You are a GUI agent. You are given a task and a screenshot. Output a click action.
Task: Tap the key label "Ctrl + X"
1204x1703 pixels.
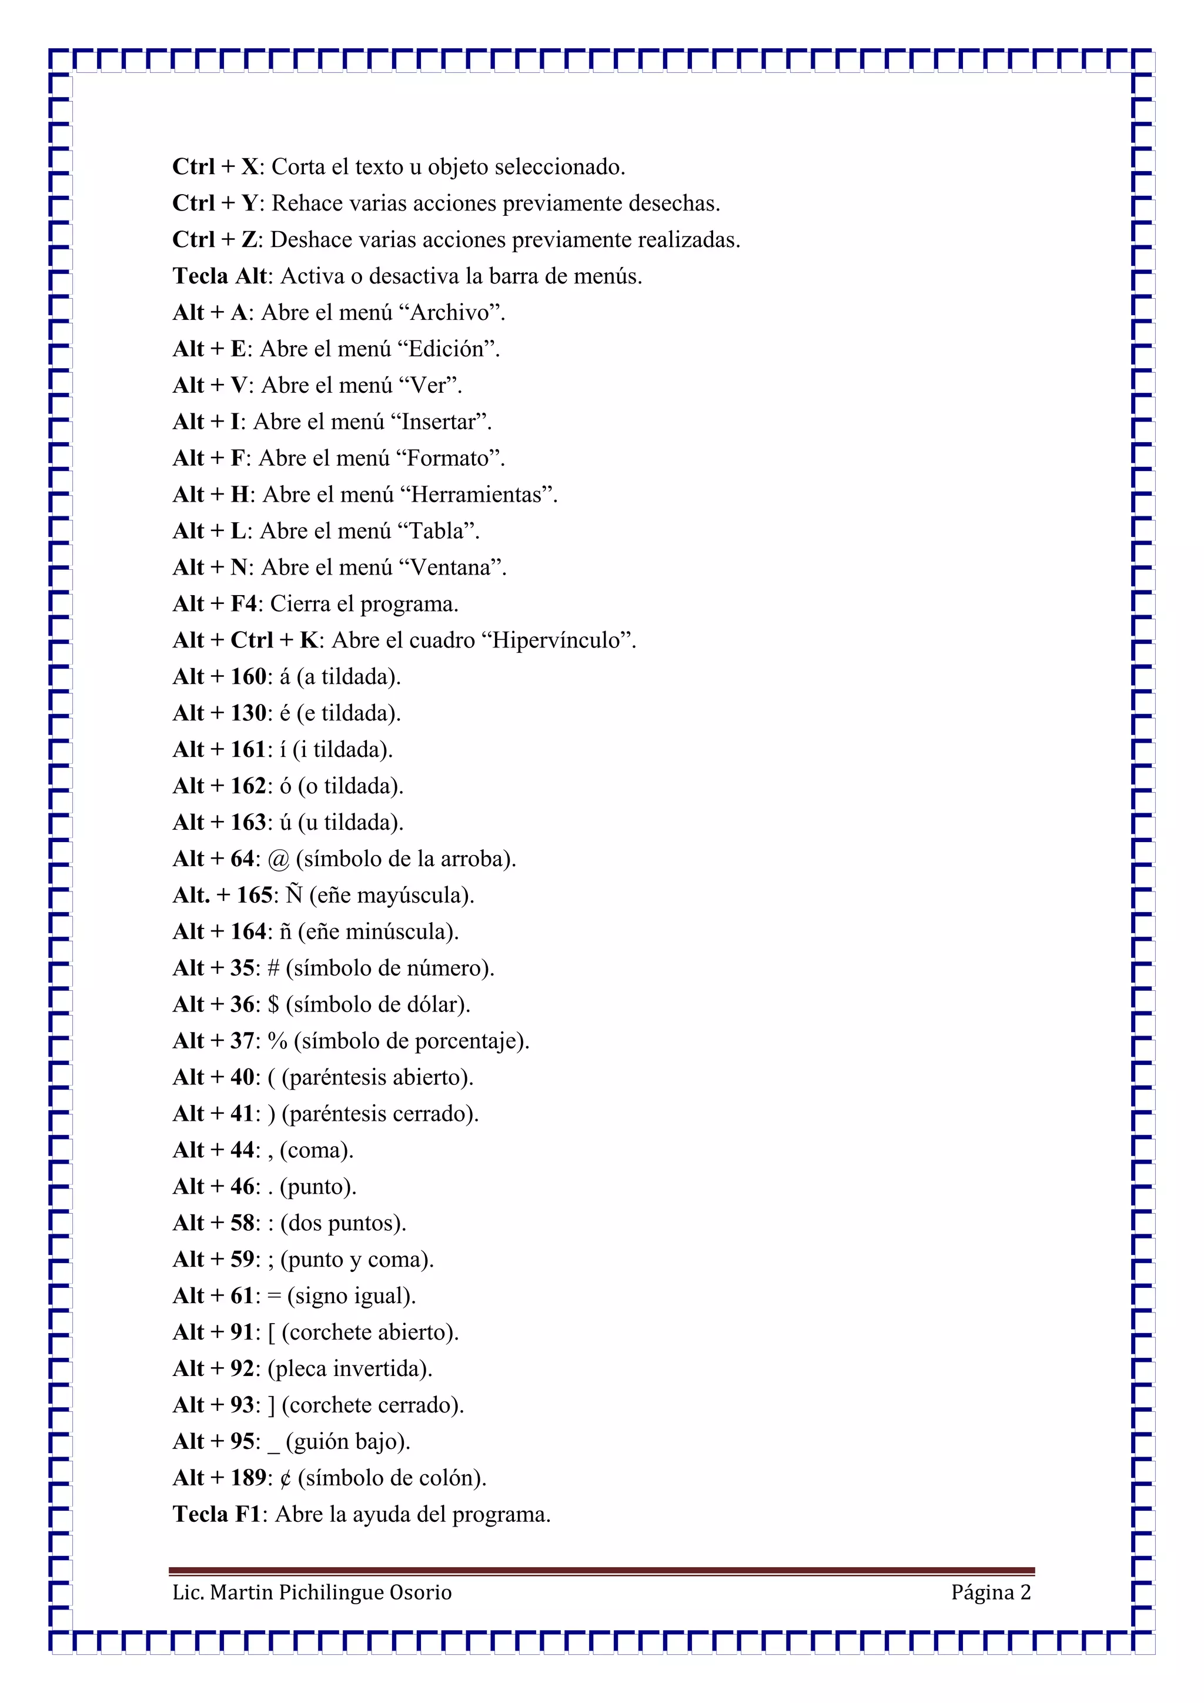pyautogui.click(x=215, y=167)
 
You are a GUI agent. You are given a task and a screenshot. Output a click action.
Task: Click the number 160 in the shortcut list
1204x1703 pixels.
pyautogui.click(x=248, y=676)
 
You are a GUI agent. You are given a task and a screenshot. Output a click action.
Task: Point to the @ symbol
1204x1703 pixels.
pyautogui.click(x=278, y=859)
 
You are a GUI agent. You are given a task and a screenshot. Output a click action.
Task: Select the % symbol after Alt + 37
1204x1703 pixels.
pyautogui.click(x=277, y=1041)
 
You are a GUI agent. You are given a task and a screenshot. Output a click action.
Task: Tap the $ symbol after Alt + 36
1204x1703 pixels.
pyautogui.click(x=273, y=1004)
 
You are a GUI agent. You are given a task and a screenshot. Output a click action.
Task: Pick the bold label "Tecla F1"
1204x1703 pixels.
pyautogui.click(x=216, y=1514)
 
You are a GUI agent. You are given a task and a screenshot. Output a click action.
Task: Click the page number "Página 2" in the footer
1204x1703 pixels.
pyautogui.click(x=991, y=1592)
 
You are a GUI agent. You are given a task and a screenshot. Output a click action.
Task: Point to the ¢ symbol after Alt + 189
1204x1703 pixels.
pyautogui.click(x=286, y=1478)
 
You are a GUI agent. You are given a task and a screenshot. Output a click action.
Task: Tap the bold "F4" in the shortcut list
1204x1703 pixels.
pyautogui.click(x=243, y=604)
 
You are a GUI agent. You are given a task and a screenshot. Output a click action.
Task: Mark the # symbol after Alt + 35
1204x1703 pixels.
pyautogui.click(x=273, y=968)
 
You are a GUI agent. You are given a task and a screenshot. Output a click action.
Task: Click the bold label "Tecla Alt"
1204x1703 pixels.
pyautogui.click(x=219, y=276)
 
